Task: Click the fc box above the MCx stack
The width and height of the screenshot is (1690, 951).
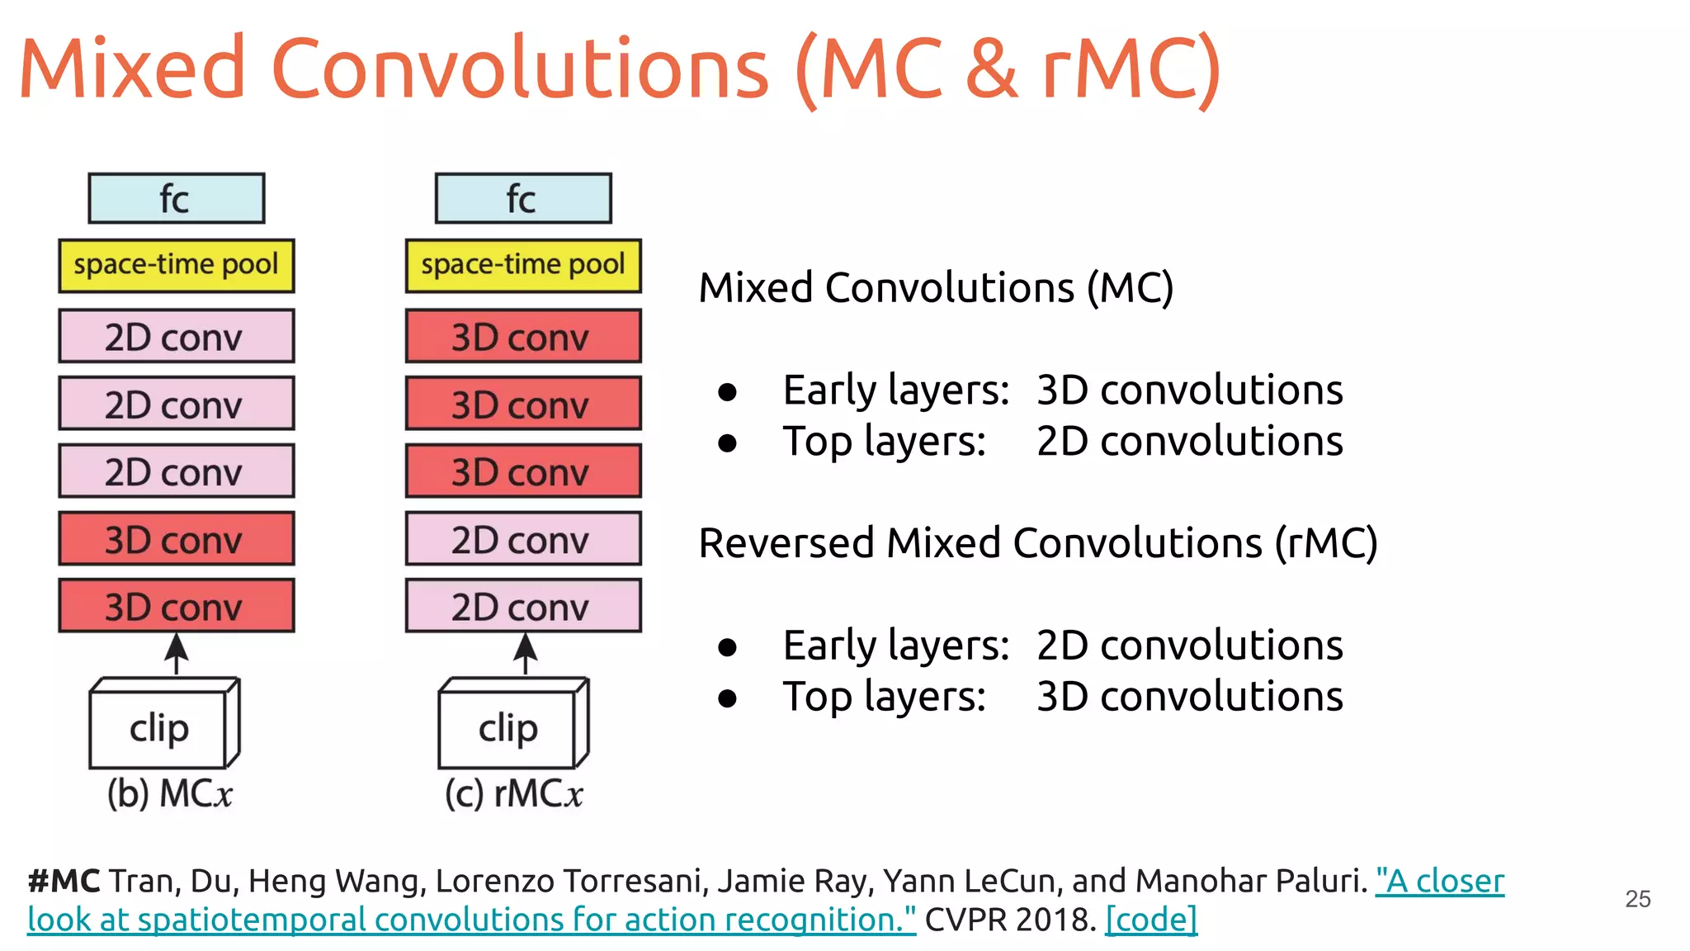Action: click(x=176, y=198)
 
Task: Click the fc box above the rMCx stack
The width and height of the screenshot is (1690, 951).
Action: click(x=523, y=198)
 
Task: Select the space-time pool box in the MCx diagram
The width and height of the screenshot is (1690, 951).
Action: click(x=176, y=265)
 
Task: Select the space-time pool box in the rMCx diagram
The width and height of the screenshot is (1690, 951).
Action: click(x=523, y=265)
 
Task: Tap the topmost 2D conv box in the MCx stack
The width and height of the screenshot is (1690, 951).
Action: click(x=176, y=336)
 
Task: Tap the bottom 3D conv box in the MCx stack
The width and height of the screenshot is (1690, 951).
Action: click(x=176, y=606)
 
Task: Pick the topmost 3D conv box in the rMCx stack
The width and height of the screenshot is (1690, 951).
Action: click(x=523, y=336)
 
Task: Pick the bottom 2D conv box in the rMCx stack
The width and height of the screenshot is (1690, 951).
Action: click(x=523, y=606)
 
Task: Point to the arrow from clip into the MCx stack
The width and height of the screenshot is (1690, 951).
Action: click(x=176, y=654)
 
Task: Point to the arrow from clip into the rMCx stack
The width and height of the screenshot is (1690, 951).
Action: click(x=526, y=654)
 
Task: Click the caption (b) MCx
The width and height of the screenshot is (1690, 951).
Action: click(x=169, y=793)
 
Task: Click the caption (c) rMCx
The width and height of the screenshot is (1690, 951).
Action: click(x=513, y=793)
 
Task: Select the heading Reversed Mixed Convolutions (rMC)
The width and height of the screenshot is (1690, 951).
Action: click(x=1037, y=543)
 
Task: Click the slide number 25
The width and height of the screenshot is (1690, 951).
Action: click(x=1637, y=898)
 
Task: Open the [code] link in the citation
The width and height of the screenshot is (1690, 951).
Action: click(x=1150, y=919)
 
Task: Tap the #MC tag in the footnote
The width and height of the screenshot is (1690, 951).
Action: click(x=64, y=881)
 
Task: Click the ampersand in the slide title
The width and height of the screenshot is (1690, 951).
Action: click(x=991, y=68)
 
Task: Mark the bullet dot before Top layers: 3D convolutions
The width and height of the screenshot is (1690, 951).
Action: click(x=727, y=698)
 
